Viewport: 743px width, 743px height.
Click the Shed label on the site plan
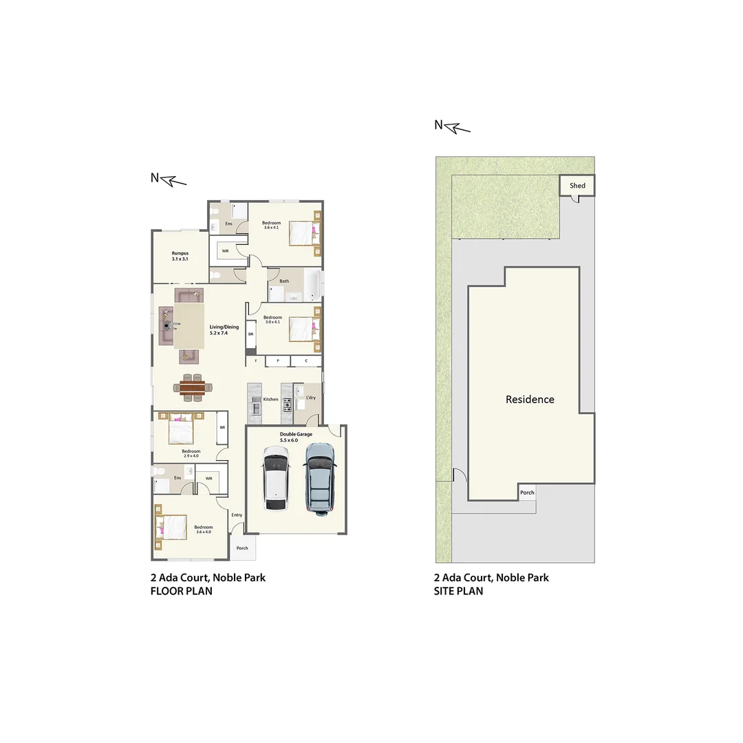[577, 186]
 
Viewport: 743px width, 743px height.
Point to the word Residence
[530, 399]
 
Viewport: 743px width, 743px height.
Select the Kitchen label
[270, 399]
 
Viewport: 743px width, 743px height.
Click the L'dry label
[311, 398]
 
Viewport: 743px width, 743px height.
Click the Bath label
[284, 281]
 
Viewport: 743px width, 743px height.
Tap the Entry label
[237, 515]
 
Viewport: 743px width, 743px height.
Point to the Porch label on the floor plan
[242, 548]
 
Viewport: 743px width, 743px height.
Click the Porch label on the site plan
[527, 493]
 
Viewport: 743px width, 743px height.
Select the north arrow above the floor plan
[169, 179]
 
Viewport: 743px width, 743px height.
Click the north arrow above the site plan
[452, 126]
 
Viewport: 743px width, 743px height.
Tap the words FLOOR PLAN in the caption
[182, 590]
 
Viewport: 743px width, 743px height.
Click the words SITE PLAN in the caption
[458, 590]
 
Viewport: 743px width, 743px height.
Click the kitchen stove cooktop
[287, 404]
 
